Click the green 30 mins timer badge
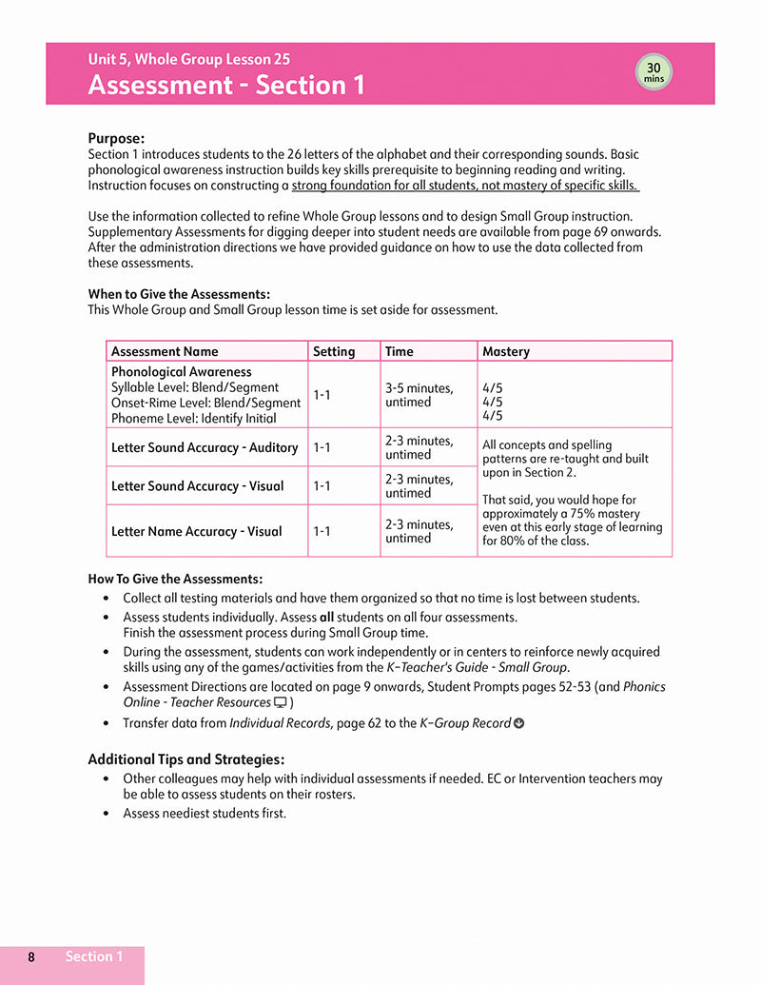pyautogui.click(x=654, y=72)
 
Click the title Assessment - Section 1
pyautogui.click(x=226, y=86)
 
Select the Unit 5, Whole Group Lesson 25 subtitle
pyautogui.click(x=189, y=59)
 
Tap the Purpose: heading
pyautogui.click(x=116, y=138)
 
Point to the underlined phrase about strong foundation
pyautogui.click(x=464, y=186)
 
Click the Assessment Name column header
pyautogui.click(x=165, y=351)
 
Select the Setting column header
pyautogui.click(x=333, y=351)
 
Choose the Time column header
pyautogui.click(x=400, y=351)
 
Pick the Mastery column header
pyautogui.click(x=506, y=351)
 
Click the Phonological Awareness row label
pyautogui.click(x=182, y=372)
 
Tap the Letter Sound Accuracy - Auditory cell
pyautogui.click(x=205, y=447)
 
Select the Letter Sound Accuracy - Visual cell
pyautogui.click(x=198, y=486)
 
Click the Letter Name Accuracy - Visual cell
pyautogui.click(x=197, y=531)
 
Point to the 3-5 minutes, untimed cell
pyautogui.click(x=420, y=395)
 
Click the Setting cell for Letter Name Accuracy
pyautogui.click(x=322, y=531)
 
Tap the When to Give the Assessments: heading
pyautogui.click(x=179, y=294)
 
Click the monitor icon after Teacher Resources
pyautogui.click(x=281, y=702)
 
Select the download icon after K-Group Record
pyautogui.click(x=518, y=723)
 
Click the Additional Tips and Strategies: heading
pyautogui.click(x=185, y=759)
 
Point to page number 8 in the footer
pyautogui.click(x=31, y=957)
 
